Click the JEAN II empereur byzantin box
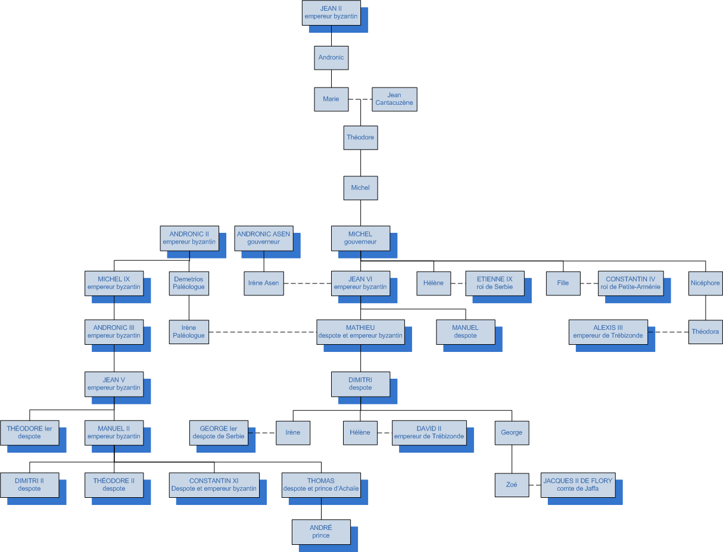click(x=331, y=13)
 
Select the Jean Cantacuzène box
click(x=394, y=99)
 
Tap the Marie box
click(x=331, y=99)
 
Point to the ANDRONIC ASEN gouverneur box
click(x=263, y=238)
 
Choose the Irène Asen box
click(x=263, y=283)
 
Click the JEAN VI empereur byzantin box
click(x=360, y=283)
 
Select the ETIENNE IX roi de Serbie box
click(x=494, y=283)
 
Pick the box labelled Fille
click(x=563, y=283)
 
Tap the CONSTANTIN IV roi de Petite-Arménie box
click(x=630, y=283)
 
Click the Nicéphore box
click(x=705, y=283)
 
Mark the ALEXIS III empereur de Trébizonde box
click(x=608, y=332)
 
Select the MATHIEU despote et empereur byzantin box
click(x=360, y=332)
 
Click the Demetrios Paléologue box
click(x=189, y=283)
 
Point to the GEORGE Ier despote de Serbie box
click(x=219, y=432)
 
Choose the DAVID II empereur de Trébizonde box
click(x=429, y=432)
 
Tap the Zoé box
click(x=512, y=485)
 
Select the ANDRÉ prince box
click(x=321, y=532)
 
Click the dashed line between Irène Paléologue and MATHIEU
click(x=262, y=332)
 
